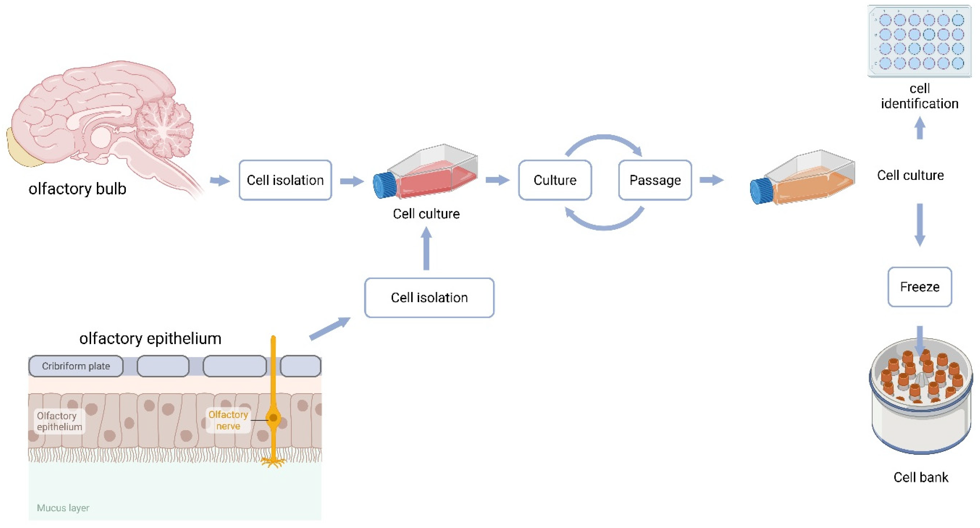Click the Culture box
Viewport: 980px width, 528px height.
(x=555, y=180)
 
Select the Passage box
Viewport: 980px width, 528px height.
(x=655, y=180)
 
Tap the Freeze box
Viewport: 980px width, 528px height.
(x=919, y=287)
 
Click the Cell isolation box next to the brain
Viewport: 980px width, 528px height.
(x=285, y=180)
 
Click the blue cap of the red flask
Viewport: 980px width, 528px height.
(x=384, y=185)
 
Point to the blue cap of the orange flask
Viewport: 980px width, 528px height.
(x=761, y=191)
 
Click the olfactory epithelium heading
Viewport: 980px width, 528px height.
(x=150, y=338)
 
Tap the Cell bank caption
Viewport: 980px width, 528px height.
(x=921, y=477)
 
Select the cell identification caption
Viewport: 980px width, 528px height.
(x=919, y=96)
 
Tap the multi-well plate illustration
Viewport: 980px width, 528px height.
(x=919, y=41)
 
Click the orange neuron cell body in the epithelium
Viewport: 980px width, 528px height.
(x=273, y=418)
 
